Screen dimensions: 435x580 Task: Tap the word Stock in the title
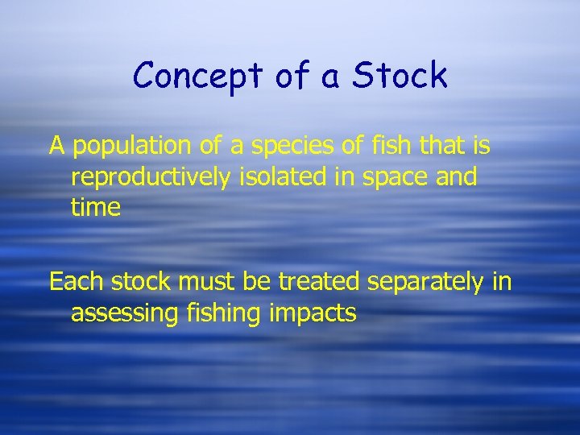(x=400, y=76)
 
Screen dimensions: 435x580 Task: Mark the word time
(x=95, y=207)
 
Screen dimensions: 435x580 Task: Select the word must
(x=203, y=282)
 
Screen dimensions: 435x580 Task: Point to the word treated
(x=320, y=282)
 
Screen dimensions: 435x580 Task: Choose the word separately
(x=429, y=283)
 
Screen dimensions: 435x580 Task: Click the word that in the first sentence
(x=439, y=146)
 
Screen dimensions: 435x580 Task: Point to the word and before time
(x=457, y=176)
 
